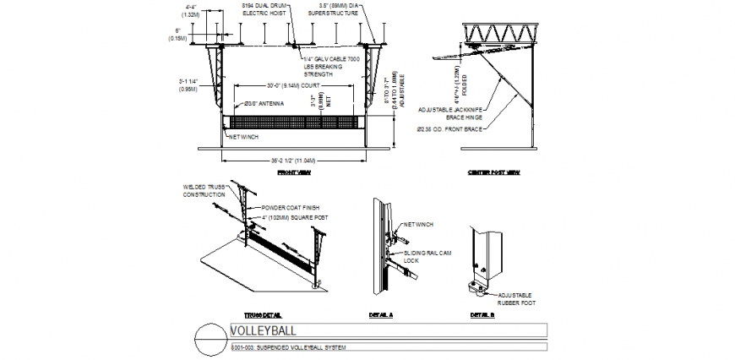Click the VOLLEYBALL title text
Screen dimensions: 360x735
tap(263, 330)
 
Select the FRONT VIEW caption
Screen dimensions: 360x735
tap(294, 172)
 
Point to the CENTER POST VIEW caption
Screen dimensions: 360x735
tap(494, 172)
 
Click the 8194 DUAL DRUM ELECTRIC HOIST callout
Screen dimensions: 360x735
tap(263, 10)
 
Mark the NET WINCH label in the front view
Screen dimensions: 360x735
tap(243, 136)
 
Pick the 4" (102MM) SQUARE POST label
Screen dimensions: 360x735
tap(293, 217)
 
